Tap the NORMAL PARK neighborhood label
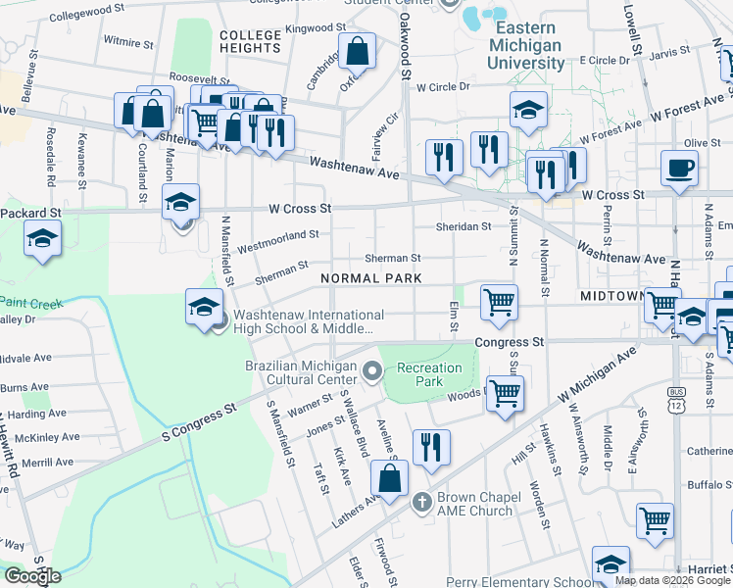click(x=372, y=278)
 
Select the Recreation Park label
click(x=429, y=374)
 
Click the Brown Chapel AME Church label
click(x=475, y=504)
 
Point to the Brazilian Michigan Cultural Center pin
click(x=371, y=370)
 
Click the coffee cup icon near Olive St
click(x=680, y=167)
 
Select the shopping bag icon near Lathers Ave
click(x=390, y=478)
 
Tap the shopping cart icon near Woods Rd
click(x=505, y=393)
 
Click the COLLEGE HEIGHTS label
click(x=251, y=41)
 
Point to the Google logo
click(x=32, y=575)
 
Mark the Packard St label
click(x=30, y=212)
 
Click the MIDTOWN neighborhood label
click(x=611, y=295)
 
